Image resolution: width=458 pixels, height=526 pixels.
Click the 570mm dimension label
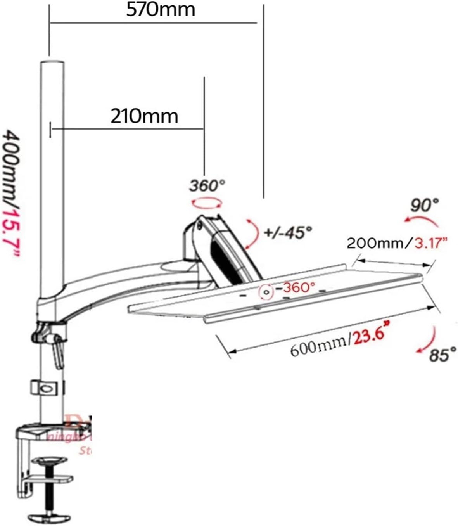point(161,10)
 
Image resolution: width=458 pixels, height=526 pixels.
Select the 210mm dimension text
point(144,116)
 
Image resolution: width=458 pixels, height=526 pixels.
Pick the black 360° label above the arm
point(207,186)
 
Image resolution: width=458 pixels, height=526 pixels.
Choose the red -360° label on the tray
point(298,287)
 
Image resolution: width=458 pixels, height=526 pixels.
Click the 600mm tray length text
point(319,346)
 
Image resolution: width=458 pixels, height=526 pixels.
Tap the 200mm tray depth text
point(375,244)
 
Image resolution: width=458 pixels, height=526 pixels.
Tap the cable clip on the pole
point(47,388)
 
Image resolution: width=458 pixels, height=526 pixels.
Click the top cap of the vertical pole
point(52,63)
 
